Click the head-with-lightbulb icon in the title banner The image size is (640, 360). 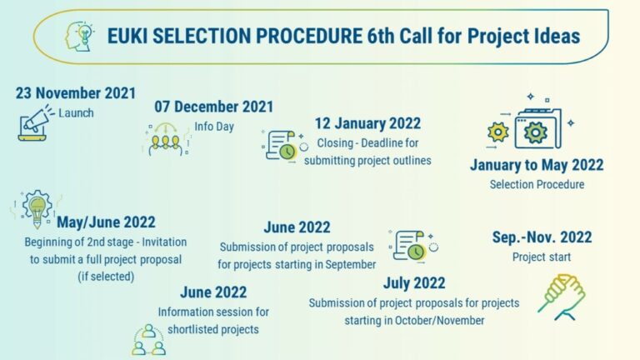[x=80, y=37]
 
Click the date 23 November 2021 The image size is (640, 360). [x=76, y=93]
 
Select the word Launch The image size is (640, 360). [x=76, y=113]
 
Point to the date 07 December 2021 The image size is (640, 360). [x=214, y=107]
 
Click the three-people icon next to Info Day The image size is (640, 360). [x=167, y=139]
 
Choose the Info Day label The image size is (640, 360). [x=214, y=127]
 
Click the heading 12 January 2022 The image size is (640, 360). [x=367, y=123]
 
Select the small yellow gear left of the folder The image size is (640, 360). [x=498, y=132]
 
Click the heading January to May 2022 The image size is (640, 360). [x=537, y=165]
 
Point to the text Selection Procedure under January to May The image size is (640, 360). [x=537, y=184]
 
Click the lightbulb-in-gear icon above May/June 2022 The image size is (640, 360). [x=37, y=208]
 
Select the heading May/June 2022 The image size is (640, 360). [x=106, y=222]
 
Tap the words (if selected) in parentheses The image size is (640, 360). [x=106, y=277]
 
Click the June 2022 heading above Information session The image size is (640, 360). [x=213, y=292]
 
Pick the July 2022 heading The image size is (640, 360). [x=414, y=283]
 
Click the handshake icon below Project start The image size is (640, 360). [x=562, y=297]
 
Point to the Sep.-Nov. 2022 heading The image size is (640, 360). [x=542, y=237]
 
